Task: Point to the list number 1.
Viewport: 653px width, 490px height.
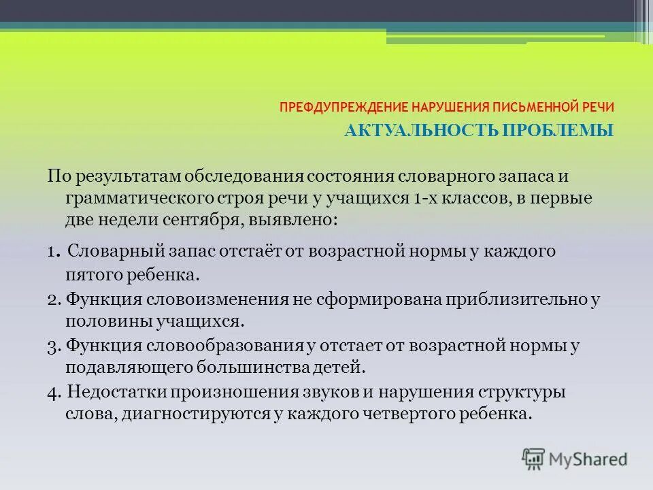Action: [52, 252]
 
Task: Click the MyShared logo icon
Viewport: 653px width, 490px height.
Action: [534, 459]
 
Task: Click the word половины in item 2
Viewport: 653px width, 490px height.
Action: [97, 321]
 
